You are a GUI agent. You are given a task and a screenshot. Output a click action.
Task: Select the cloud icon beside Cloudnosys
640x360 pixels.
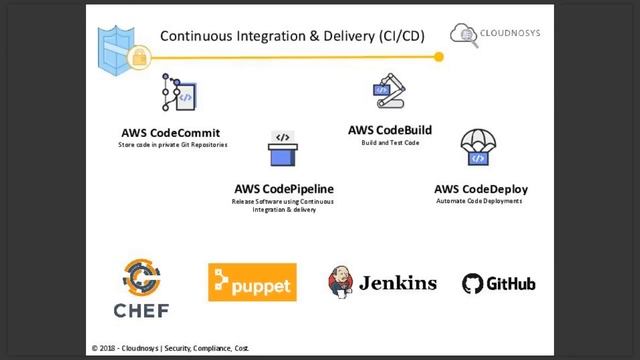coord(463,35)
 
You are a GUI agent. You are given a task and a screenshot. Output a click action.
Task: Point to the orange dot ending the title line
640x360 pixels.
coord(439,57)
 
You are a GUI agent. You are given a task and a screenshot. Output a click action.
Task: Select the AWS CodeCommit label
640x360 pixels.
coord(170,133)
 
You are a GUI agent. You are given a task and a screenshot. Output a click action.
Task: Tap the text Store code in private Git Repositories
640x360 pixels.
coord(172,145)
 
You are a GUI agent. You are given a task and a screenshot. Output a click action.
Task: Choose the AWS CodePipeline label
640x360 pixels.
coord(284,188)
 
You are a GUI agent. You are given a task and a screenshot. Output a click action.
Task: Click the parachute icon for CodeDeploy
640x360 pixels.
coord(479,149)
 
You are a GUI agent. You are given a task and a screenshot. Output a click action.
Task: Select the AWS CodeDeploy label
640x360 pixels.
coord(480,188)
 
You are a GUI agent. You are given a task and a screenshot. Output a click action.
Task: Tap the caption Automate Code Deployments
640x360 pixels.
coord(480,200)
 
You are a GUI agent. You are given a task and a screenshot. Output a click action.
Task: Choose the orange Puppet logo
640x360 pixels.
coord(252,283)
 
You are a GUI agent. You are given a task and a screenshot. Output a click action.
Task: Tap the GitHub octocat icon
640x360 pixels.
coord(473,284)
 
